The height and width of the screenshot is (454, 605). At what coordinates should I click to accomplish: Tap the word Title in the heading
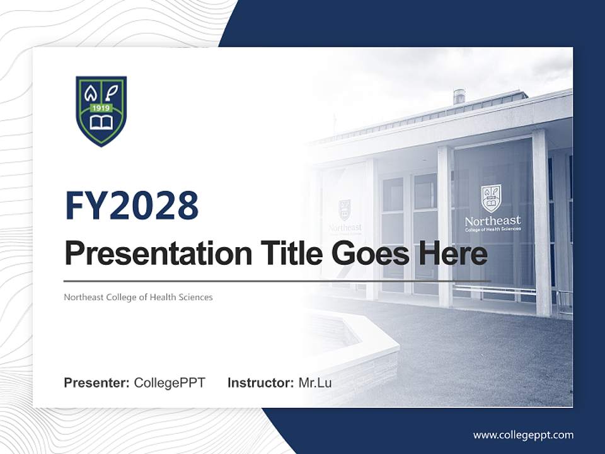[x=282, y=253]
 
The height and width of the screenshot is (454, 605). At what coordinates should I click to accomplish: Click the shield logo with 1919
[x=101, y=110]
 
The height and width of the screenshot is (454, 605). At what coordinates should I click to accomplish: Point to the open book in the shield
[x=101, y=122]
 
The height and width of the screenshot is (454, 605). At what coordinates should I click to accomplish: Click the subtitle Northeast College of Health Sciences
[x=138, y=297]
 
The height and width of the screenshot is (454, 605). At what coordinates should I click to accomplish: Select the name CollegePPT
[x=170, y=383]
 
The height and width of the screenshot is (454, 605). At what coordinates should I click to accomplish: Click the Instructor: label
[x=260, y=383]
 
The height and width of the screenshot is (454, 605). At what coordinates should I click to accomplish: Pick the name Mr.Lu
[x=315, y=383]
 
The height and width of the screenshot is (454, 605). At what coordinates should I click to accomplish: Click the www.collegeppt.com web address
[x=523, y=435]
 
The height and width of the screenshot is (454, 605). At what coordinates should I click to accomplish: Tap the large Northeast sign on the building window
[x=492, y=221]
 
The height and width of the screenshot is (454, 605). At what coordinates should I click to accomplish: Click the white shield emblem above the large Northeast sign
[x=492, y=198]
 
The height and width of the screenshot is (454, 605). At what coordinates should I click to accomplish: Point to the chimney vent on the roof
[x=459, y=96]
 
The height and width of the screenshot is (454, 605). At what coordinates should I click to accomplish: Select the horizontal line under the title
[x=277, y=281]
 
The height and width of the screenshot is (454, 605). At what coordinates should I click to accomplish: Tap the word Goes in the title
[x=369, y=253]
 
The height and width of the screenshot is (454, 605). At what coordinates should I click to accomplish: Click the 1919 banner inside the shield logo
[x=101, y=108]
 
